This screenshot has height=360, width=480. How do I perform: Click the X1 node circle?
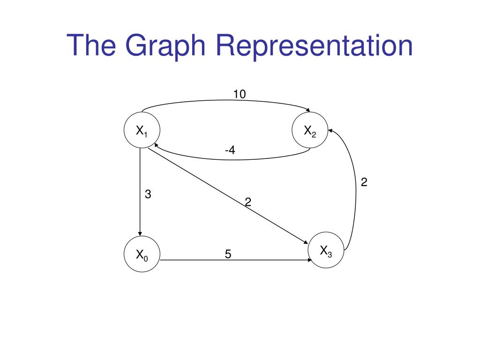(142, 131)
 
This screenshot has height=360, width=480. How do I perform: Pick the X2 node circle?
(310, 131)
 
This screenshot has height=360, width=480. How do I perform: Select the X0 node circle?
(142, 255)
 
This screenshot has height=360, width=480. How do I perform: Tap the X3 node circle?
(326, 250)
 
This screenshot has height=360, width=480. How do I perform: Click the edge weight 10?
(240, 95)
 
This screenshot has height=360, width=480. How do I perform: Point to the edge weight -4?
(230, 150)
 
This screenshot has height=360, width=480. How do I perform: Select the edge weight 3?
(148, 194)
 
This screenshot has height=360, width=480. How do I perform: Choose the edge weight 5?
(228, 254)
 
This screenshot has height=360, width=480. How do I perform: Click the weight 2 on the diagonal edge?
(248, 202)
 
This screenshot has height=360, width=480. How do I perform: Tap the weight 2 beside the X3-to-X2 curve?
(364, 182)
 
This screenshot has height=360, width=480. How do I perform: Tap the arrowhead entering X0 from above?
(140, 234)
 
